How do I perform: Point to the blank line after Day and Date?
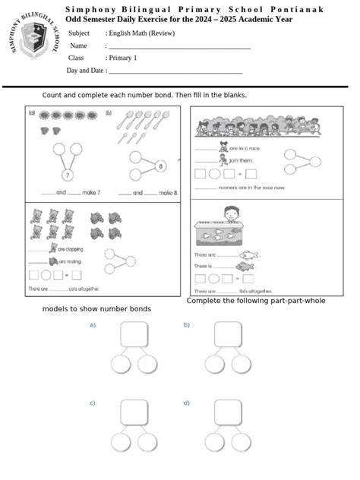[175, 71]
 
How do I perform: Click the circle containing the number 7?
[67, 175]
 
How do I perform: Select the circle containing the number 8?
[160, 166]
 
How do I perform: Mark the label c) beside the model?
[93, 403]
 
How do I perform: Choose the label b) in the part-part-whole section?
[186, 325]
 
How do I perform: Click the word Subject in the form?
[79, 33]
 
